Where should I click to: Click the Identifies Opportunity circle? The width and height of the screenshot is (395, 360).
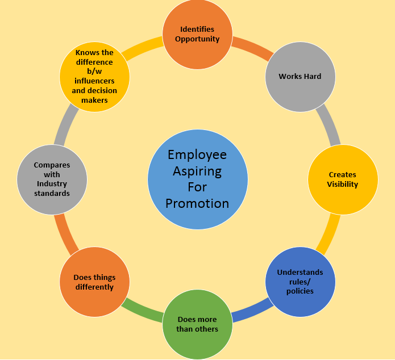point(198,34)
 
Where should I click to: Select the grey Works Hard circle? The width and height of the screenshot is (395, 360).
point(300,77)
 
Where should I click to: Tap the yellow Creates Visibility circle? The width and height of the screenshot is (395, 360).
point(343,179)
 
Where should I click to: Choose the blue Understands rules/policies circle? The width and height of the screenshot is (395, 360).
point(300,282)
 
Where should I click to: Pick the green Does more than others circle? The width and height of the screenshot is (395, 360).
point(198,324)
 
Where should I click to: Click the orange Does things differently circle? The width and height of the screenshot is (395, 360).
point(94,282)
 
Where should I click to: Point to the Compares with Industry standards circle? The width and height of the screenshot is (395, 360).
point(52,179)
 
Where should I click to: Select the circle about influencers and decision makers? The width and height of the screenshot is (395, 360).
point(94,77)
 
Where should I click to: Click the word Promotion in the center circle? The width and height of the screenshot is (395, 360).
point(197,203)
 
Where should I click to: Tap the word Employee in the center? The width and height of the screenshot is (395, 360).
point(197,154)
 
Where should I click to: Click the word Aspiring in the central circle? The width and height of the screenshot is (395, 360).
point(197,171)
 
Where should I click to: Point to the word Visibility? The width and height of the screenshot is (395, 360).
point(343,184)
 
